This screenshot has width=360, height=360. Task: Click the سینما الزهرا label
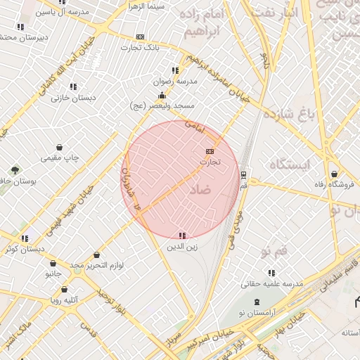(x=146, y=6)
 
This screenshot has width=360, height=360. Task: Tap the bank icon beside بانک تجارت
(x=141, y=37)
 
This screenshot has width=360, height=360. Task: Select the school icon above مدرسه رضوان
(x=174, y=70)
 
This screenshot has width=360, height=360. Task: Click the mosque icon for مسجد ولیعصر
(x=162, y=96)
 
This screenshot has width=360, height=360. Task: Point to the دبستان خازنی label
(x=69, y=98)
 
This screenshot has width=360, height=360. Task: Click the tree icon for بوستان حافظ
(x=15, y=170)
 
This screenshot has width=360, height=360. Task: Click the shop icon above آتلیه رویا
(x=64, y=289)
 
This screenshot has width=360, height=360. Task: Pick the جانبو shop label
(x=54, y=271)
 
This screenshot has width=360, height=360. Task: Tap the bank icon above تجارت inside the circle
(x=210, y=151)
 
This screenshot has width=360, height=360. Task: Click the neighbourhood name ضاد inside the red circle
(x=200, y=191)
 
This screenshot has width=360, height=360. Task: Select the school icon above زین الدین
(x=181, y=236)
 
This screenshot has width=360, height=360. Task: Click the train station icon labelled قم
(x=243, y=174)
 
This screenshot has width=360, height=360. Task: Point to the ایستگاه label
(x=289, y=165)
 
